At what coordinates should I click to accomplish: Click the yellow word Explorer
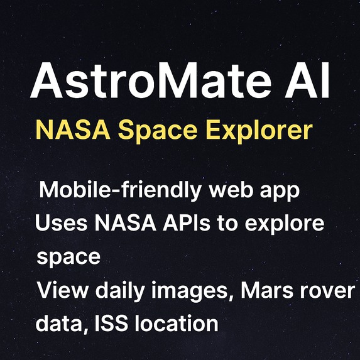click(265, 131)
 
